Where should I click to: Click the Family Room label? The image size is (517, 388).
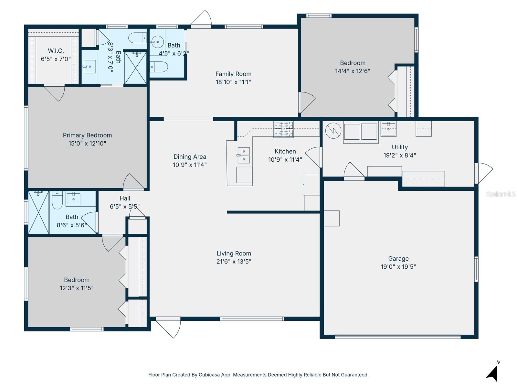click(233, 74)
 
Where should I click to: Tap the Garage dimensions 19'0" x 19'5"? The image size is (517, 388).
click(398, 267)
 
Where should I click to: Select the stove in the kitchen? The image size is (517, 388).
click(284, 129)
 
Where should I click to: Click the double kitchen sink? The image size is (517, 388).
click(244, 155)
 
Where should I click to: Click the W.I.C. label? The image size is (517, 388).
click(56, 51)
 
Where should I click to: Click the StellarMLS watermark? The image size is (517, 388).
click(501, 194)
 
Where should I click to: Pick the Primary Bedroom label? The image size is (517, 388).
click(87, 135)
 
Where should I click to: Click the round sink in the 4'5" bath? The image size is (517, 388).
click(158, 42)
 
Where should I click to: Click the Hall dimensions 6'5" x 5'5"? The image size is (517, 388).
click(125, 207)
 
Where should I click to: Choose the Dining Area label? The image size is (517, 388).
click(190, 157)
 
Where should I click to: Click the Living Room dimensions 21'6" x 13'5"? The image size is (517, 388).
click(234, 262)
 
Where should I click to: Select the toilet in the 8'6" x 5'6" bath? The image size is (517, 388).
click(58, 200)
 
